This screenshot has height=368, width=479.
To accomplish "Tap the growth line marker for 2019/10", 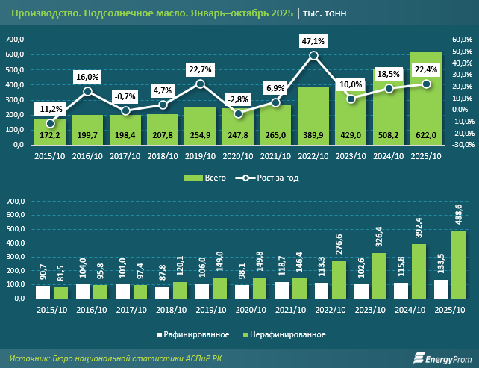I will tap(200, 84).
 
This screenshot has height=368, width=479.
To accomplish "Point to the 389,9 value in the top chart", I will tap(313, 134).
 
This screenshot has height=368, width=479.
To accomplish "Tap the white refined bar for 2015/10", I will tap(43, 292).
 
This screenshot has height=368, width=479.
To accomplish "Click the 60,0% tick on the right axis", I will tap(463, 40).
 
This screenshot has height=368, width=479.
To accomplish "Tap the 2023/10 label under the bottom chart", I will tap(351, 311).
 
